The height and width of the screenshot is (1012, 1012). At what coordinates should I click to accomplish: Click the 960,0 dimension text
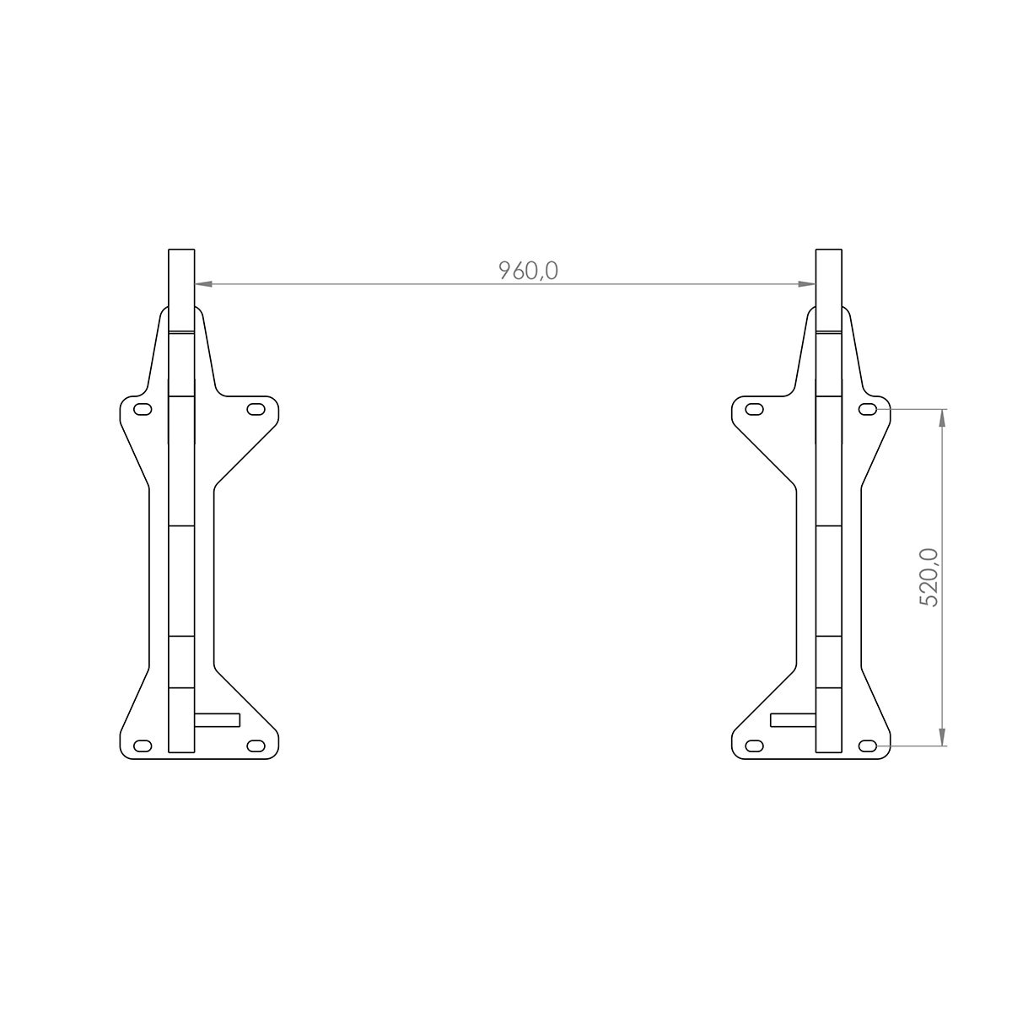pos(527,271)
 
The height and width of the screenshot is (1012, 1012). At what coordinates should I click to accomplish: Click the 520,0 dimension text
pos(929,578)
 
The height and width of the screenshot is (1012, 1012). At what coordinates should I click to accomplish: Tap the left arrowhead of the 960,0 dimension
pos(203,283)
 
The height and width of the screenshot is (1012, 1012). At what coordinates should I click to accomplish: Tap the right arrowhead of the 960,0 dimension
pos(807,283)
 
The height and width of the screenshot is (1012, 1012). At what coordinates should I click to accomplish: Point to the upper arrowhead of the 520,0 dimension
pos(942,418)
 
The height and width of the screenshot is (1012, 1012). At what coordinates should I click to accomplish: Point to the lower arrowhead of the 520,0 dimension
pos(942,736)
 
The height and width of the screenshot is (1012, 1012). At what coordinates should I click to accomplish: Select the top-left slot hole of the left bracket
pos(143,409)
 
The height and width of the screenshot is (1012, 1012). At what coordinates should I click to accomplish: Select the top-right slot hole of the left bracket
pos(256,409)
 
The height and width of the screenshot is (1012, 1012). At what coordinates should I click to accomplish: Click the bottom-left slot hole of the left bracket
pos(143,746)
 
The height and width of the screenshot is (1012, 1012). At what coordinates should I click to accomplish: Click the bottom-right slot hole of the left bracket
pos(256,746)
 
